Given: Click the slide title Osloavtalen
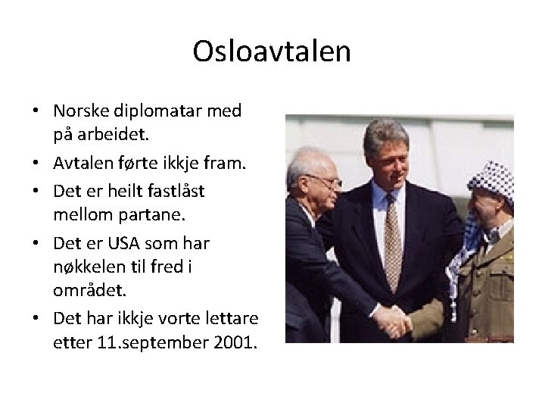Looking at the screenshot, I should (272, 52).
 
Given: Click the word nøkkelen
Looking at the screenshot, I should (90, 268).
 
